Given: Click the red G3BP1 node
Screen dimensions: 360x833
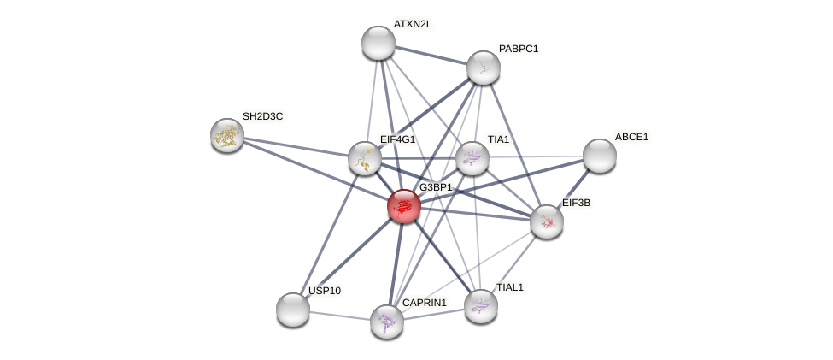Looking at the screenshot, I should tap(403, 206).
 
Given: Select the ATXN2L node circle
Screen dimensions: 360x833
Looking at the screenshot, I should tap(378, 43).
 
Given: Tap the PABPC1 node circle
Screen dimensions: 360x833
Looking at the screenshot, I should tap(483, 68).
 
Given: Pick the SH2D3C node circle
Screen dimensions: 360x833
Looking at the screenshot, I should tap(227, 134).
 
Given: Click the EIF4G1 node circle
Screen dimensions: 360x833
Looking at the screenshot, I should tap(365, 158).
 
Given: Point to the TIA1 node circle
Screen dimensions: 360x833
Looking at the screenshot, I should tap(472, 158).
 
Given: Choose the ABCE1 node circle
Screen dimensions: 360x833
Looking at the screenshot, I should tap(600, 155).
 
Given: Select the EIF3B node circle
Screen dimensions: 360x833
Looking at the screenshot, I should tap(547, 221).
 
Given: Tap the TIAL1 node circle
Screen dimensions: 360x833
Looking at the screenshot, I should tap(481, 305).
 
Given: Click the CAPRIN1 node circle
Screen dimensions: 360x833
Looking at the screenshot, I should tap(387, 321).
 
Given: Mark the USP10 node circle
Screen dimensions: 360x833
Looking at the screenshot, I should tap(293, 310).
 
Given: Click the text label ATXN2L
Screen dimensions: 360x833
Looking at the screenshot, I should tap(413, 24).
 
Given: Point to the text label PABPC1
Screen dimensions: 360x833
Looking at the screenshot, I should tap(519, 49).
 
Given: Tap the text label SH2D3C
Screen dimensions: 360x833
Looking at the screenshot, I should tap(262, 116).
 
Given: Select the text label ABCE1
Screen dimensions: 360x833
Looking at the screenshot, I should tap(631, 137).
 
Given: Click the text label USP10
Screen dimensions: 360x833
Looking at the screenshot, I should tap(325, 291).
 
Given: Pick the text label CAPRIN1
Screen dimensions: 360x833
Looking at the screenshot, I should tap(425, 303).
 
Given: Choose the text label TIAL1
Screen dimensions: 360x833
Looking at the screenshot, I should tap(510, 287).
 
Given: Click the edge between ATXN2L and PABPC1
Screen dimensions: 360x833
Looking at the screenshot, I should tap(431, 56).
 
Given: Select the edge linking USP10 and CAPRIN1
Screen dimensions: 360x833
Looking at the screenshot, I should tap(340, 316).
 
